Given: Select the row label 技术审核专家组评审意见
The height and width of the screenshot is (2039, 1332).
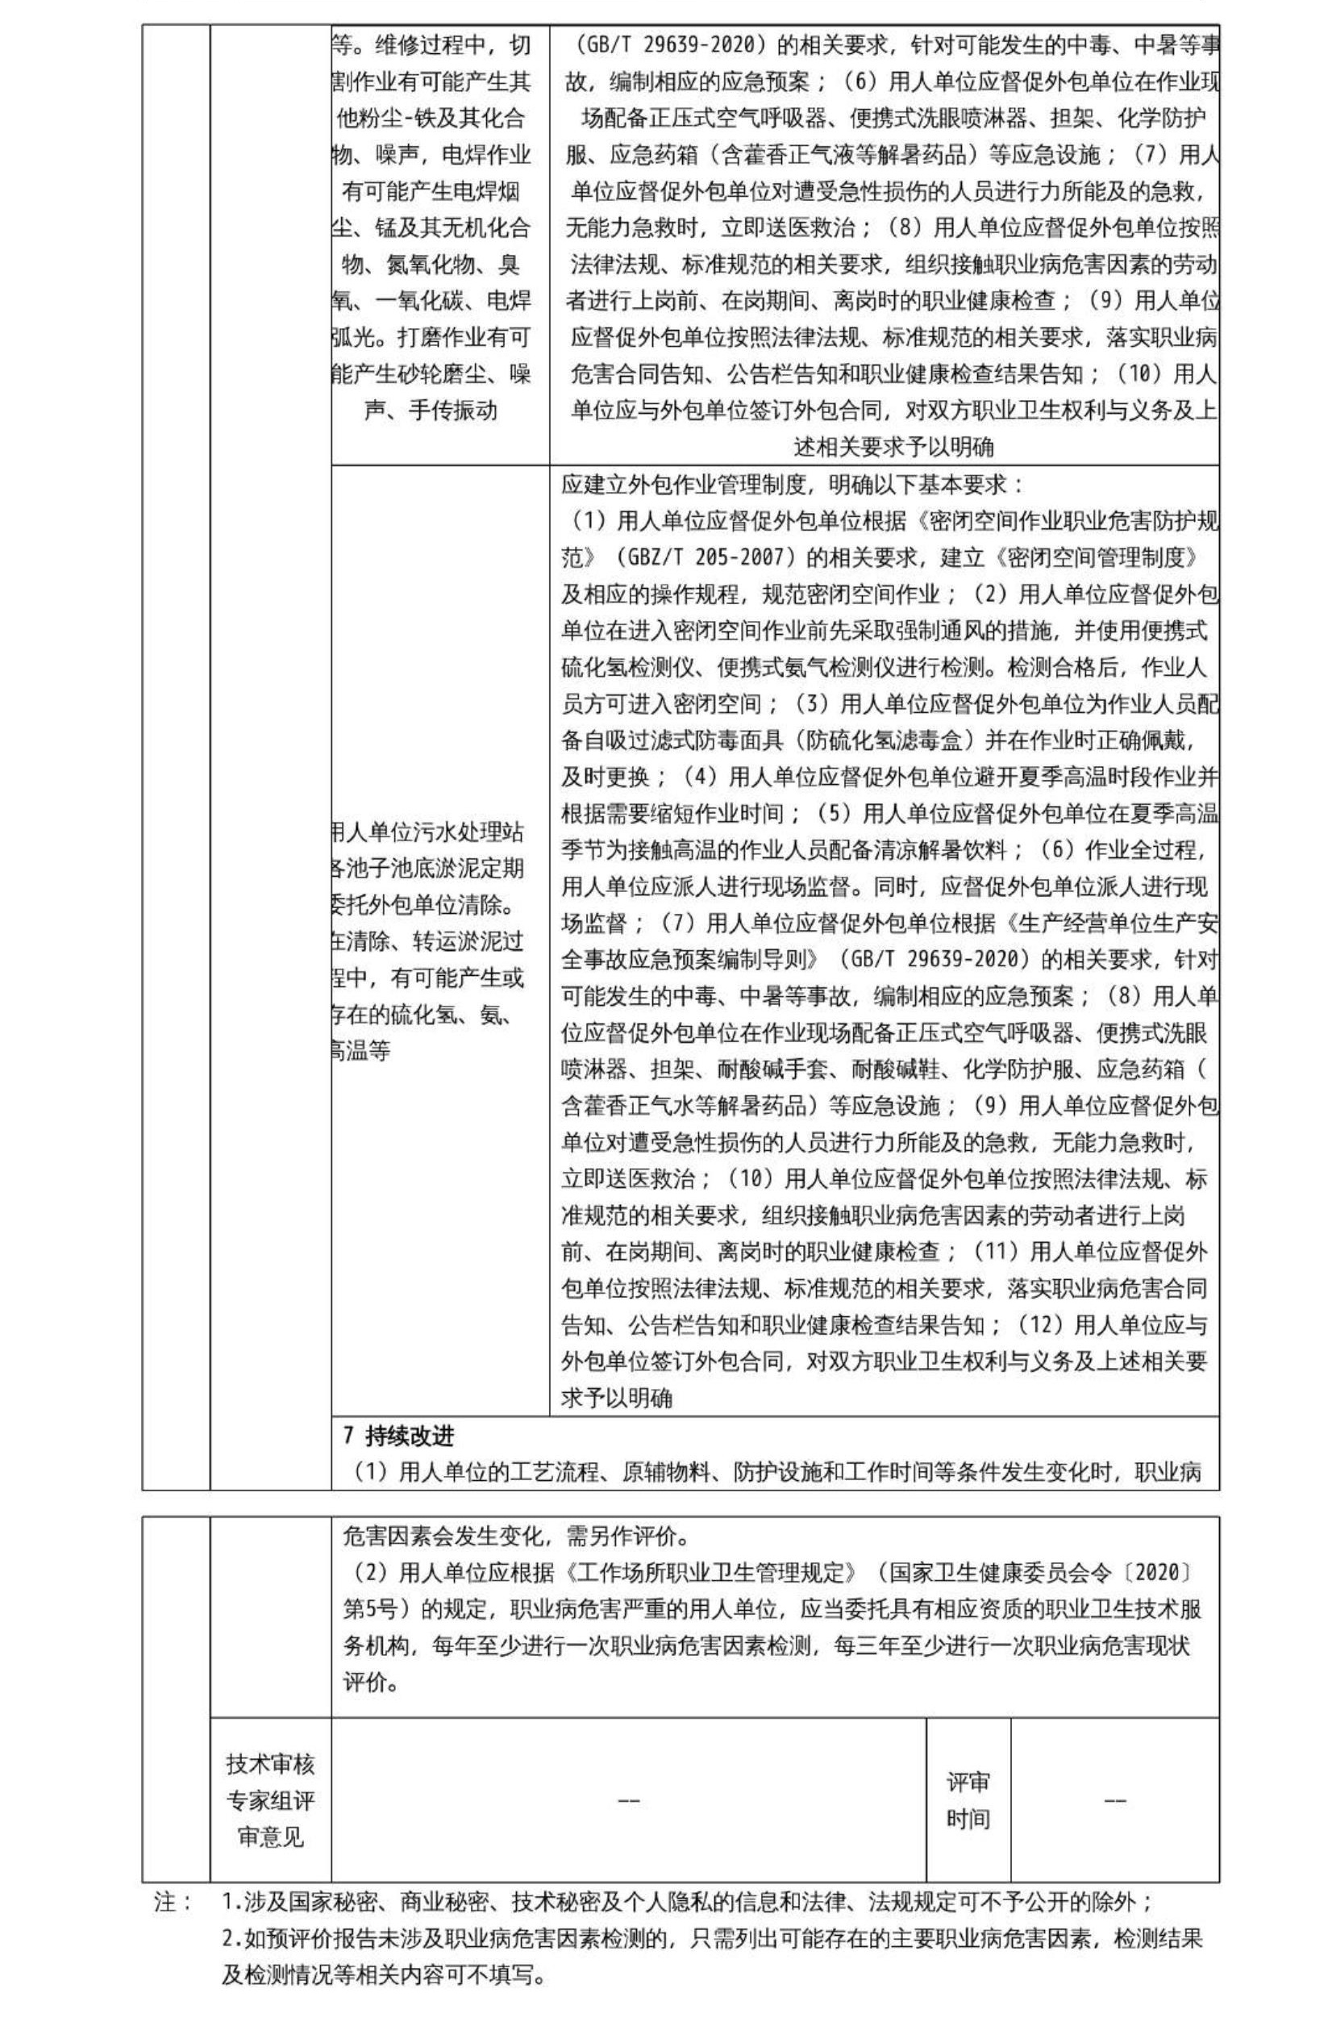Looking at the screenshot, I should tap(269, 1801).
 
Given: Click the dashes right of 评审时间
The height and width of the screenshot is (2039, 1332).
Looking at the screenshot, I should tap(1113, 1801).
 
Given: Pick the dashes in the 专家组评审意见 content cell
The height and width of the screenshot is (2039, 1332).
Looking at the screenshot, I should tap(628, 1801).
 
